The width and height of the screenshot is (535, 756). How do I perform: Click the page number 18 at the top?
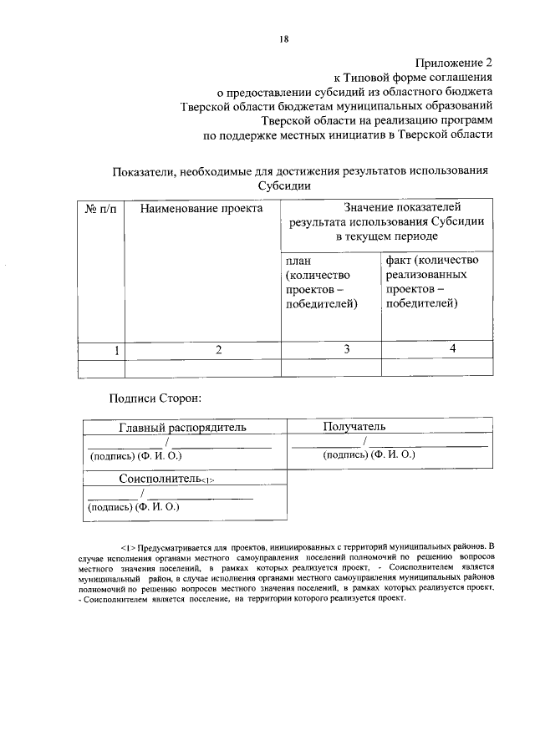[284, 38]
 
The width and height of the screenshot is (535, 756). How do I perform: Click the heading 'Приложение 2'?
[454, 63]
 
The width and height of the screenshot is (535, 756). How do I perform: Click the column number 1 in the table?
[116, 349]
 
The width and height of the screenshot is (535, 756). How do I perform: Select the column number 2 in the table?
[218, 349]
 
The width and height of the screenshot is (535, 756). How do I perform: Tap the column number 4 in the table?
[452, 348]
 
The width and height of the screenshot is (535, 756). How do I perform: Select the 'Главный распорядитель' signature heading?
[182, 428]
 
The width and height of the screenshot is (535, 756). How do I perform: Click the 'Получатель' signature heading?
[354, 427]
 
